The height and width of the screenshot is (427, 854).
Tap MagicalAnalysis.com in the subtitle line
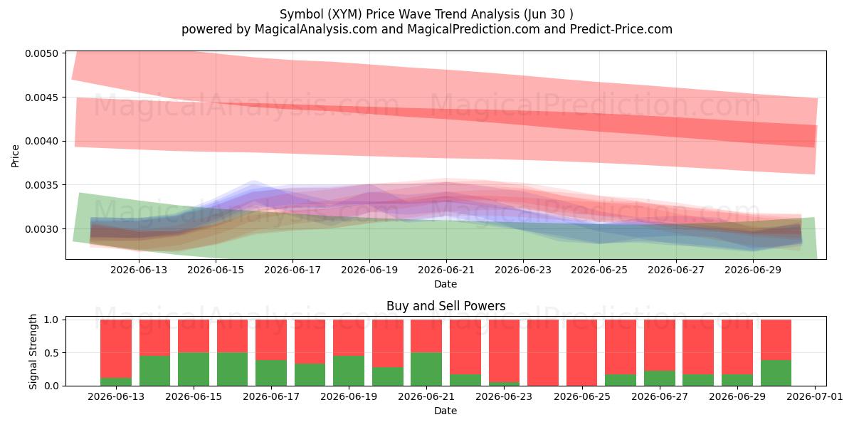pyautogui.click(x=316, y=29)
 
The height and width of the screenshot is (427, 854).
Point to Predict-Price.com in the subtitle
pyautogui.click(x=621, y=29)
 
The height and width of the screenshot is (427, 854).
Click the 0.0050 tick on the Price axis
pyautogui.click(x=42, y=53)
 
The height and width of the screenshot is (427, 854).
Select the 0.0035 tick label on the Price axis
pyautogui.click(x=42, y=185)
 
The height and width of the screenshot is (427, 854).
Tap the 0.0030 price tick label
pyautogui.click(x=42, y=229)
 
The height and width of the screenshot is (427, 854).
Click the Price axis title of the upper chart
pyautogui.click(x=15, y=156)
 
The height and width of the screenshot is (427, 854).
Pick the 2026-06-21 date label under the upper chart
pyautogui.click(x=446, y=270)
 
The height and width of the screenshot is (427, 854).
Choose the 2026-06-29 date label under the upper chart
pyautogui.click(x=753, y=270)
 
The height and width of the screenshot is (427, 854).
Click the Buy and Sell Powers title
pyautogui.click(x=446, y=306)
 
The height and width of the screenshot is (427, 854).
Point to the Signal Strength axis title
pyautogui.click(x=33, y=352)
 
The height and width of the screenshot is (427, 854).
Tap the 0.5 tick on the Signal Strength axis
pyautogui.click(x=51, y=353)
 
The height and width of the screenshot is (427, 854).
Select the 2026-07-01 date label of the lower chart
pyautogui.click(x=815, y=396)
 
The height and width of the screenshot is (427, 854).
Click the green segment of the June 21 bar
pyautogui.click(x=426, y=369)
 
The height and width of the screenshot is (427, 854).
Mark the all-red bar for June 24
pyautogui.click(x=543, y=353)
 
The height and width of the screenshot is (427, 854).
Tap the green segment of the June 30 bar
pyautogui.click(x=776, y=373)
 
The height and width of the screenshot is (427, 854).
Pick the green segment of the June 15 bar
pyautogui.click(x=194, y=369)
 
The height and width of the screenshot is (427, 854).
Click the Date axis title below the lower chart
pyautogui.click(x=446, y=411)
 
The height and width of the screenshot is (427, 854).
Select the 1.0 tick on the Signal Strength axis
pyautogui.click(x=51, y=320)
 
